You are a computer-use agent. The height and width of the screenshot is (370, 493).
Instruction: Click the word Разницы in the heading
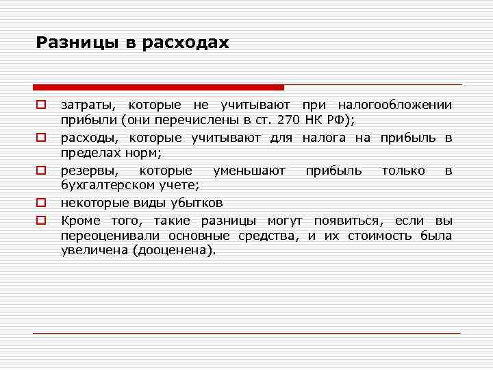click(x=77, y=43)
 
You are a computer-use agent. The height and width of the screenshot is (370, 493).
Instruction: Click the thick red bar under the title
click(x=158, y=88)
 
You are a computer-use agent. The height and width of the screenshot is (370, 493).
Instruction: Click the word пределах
click(x=85, y=154)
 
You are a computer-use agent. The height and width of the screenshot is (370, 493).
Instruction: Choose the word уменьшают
click(x=249, y=171)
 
